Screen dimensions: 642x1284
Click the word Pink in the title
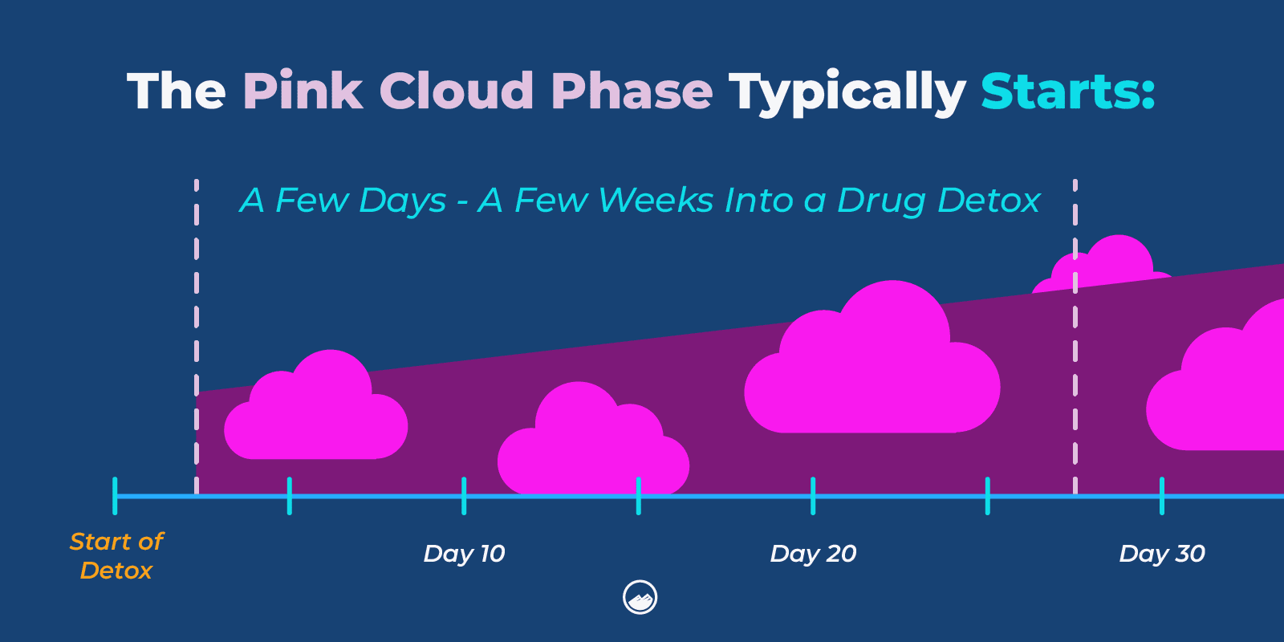pos(302,91)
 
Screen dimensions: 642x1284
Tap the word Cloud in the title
pos(456,91)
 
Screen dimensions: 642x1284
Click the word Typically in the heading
pos(846,92)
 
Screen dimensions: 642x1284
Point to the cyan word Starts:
pos(1067,91)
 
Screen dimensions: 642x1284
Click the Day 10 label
pos(464,554)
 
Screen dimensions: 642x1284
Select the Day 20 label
pos(813,554)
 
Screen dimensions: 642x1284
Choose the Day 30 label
pos(1162,554)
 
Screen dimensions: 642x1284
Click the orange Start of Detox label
pos(116,555)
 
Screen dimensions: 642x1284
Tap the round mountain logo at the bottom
pos(640,598)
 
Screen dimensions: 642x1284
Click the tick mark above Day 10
pos(464,496)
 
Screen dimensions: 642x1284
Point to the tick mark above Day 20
pos(813,496)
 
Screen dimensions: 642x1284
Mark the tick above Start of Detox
pos(115,496)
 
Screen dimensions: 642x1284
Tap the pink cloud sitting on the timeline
pos(592,449)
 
